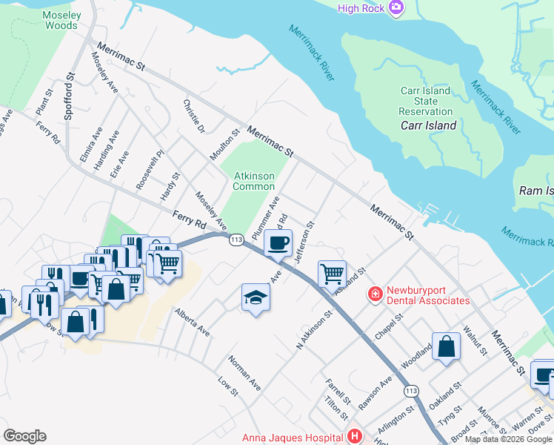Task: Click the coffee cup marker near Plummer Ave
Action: (278, 243)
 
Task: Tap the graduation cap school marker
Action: (256, 297)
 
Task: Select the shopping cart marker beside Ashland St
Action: (333, 273)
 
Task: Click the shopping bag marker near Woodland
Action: (447, 346)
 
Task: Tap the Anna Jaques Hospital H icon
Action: (355, 436)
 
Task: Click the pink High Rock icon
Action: (396, 7)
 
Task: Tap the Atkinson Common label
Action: (254, 181)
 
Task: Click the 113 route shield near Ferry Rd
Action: (236, 240)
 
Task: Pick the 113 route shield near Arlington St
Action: (410, 389)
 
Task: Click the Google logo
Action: (25, 435)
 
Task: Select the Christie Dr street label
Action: (193, 118)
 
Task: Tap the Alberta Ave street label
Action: (193, 323)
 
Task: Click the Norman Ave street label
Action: (244, 375)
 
